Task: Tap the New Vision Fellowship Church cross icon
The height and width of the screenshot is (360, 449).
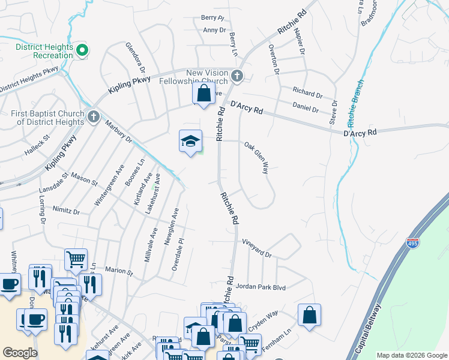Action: coord(237,76)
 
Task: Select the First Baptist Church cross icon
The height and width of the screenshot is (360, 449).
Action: coord(93,116)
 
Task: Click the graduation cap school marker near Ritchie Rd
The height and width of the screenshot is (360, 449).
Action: coord(191,142)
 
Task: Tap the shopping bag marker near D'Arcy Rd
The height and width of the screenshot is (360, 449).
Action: coord(203,94)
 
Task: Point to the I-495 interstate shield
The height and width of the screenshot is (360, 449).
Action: coord(412,244)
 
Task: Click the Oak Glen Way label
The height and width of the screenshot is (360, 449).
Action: coord(256,157)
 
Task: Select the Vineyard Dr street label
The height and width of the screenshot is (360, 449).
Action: coord(257,248)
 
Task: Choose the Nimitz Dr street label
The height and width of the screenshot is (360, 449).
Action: coord(66,211)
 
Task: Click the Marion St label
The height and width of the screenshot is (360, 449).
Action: coord(118,271)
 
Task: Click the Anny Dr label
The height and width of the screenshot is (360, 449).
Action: coord(214,29)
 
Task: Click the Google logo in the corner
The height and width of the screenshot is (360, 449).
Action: coord(20,353)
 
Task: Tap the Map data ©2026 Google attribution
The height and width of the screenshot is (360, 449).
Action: coord(412,355)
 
